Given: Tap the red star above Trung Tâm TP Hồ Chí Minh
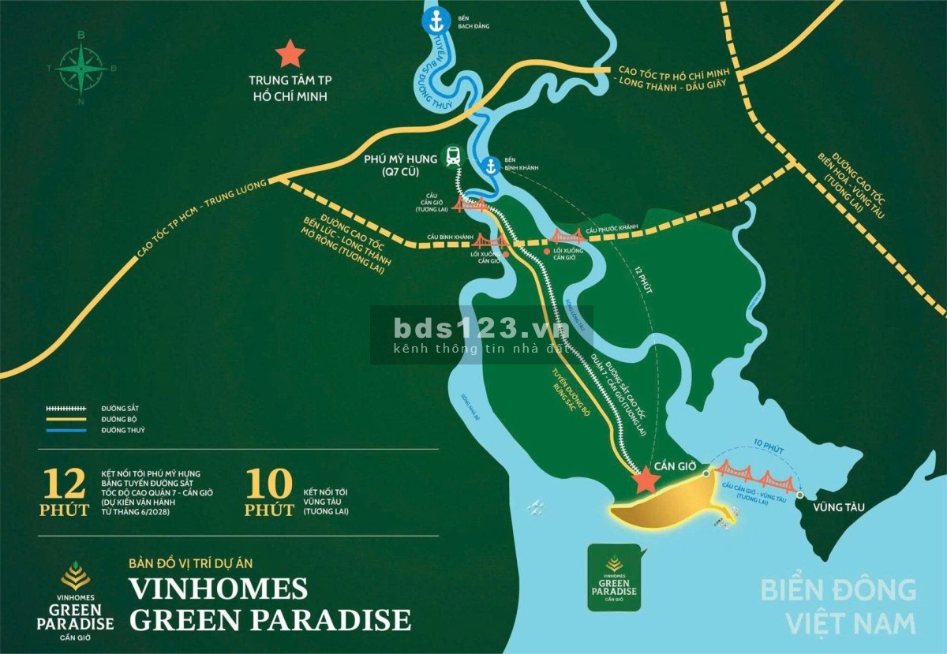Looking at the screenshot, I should [290, 54].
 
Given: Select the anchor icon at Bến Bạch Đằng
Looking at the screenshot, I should [434, 21].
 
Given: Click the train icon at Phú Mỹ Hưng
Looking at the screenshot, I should [454, 155].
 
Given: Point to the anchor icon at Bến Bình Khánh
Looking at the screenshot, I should [491, 166].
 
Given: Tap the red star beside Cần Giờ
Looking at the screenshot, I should [646, 479].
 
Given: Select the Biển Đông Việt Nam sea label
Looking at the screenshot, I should [838, 605].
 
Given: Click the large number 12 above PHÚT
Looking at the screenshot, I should [64, 483].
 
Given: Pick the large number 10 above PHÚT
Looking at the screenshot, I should [268, 483].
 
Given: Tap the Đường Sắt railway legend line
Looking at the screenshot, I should [66, 409].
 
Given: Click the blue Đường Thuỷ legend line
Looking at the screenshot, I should [66, 431].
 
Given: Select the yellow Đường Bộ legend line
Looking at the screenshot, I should [66, 420].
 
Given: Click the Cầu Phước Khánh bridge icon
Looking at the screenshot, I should [567, 235].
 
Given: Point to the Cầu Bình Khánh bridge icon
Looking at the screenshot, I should [490, 240].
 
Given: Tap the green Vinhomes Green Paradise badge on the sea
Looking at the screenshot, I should [614, 577].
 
